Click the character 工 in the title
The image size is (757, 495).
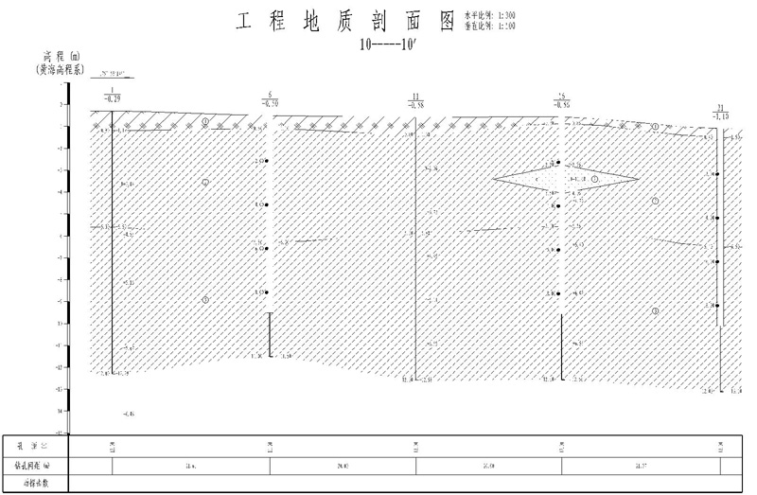coord(244,21)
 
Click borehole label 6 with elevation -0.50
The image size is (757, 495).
coord(271,98)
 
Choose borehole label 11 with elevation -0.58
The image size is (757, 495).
coord(416,100)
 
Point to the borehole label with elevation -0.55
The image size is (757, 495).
coord(562,100)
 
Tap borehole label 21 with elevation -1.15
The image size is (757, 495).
coord(721,111)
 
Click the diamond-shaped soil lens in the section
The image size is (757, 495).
coord(565,178)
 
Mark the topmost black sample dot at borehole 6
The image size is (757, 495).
coord(268,162)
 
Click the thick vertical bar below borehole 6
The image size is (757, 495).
coord(271,334)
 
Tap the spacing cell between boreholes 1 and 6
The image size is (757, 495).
coord(191,465)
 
